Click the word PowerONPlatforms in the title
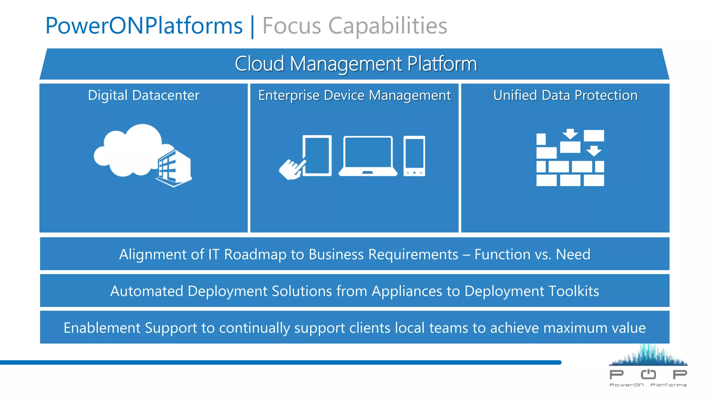click(x=144, y=26)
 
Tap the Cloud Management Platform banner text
click(x=356, y=64)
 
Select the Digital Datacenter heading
click(x=144, y=95)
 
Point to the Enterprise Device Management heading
click(x=354, y=95)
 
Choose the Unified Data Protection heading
click(x=565, y=95)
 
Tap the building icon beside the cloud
click(x=174, y=169)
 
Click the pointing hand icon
click(x=291, y=169)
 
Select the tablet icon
click(x=317, y=156)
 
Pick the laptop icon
click(x=368, y=156)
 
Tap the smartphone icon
click(x=414, y=156)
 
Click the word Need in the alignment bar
click(x=573, y=255)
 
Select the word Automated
click(x=147, y=291)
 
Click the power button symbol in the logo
click(x=648, y=374)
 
